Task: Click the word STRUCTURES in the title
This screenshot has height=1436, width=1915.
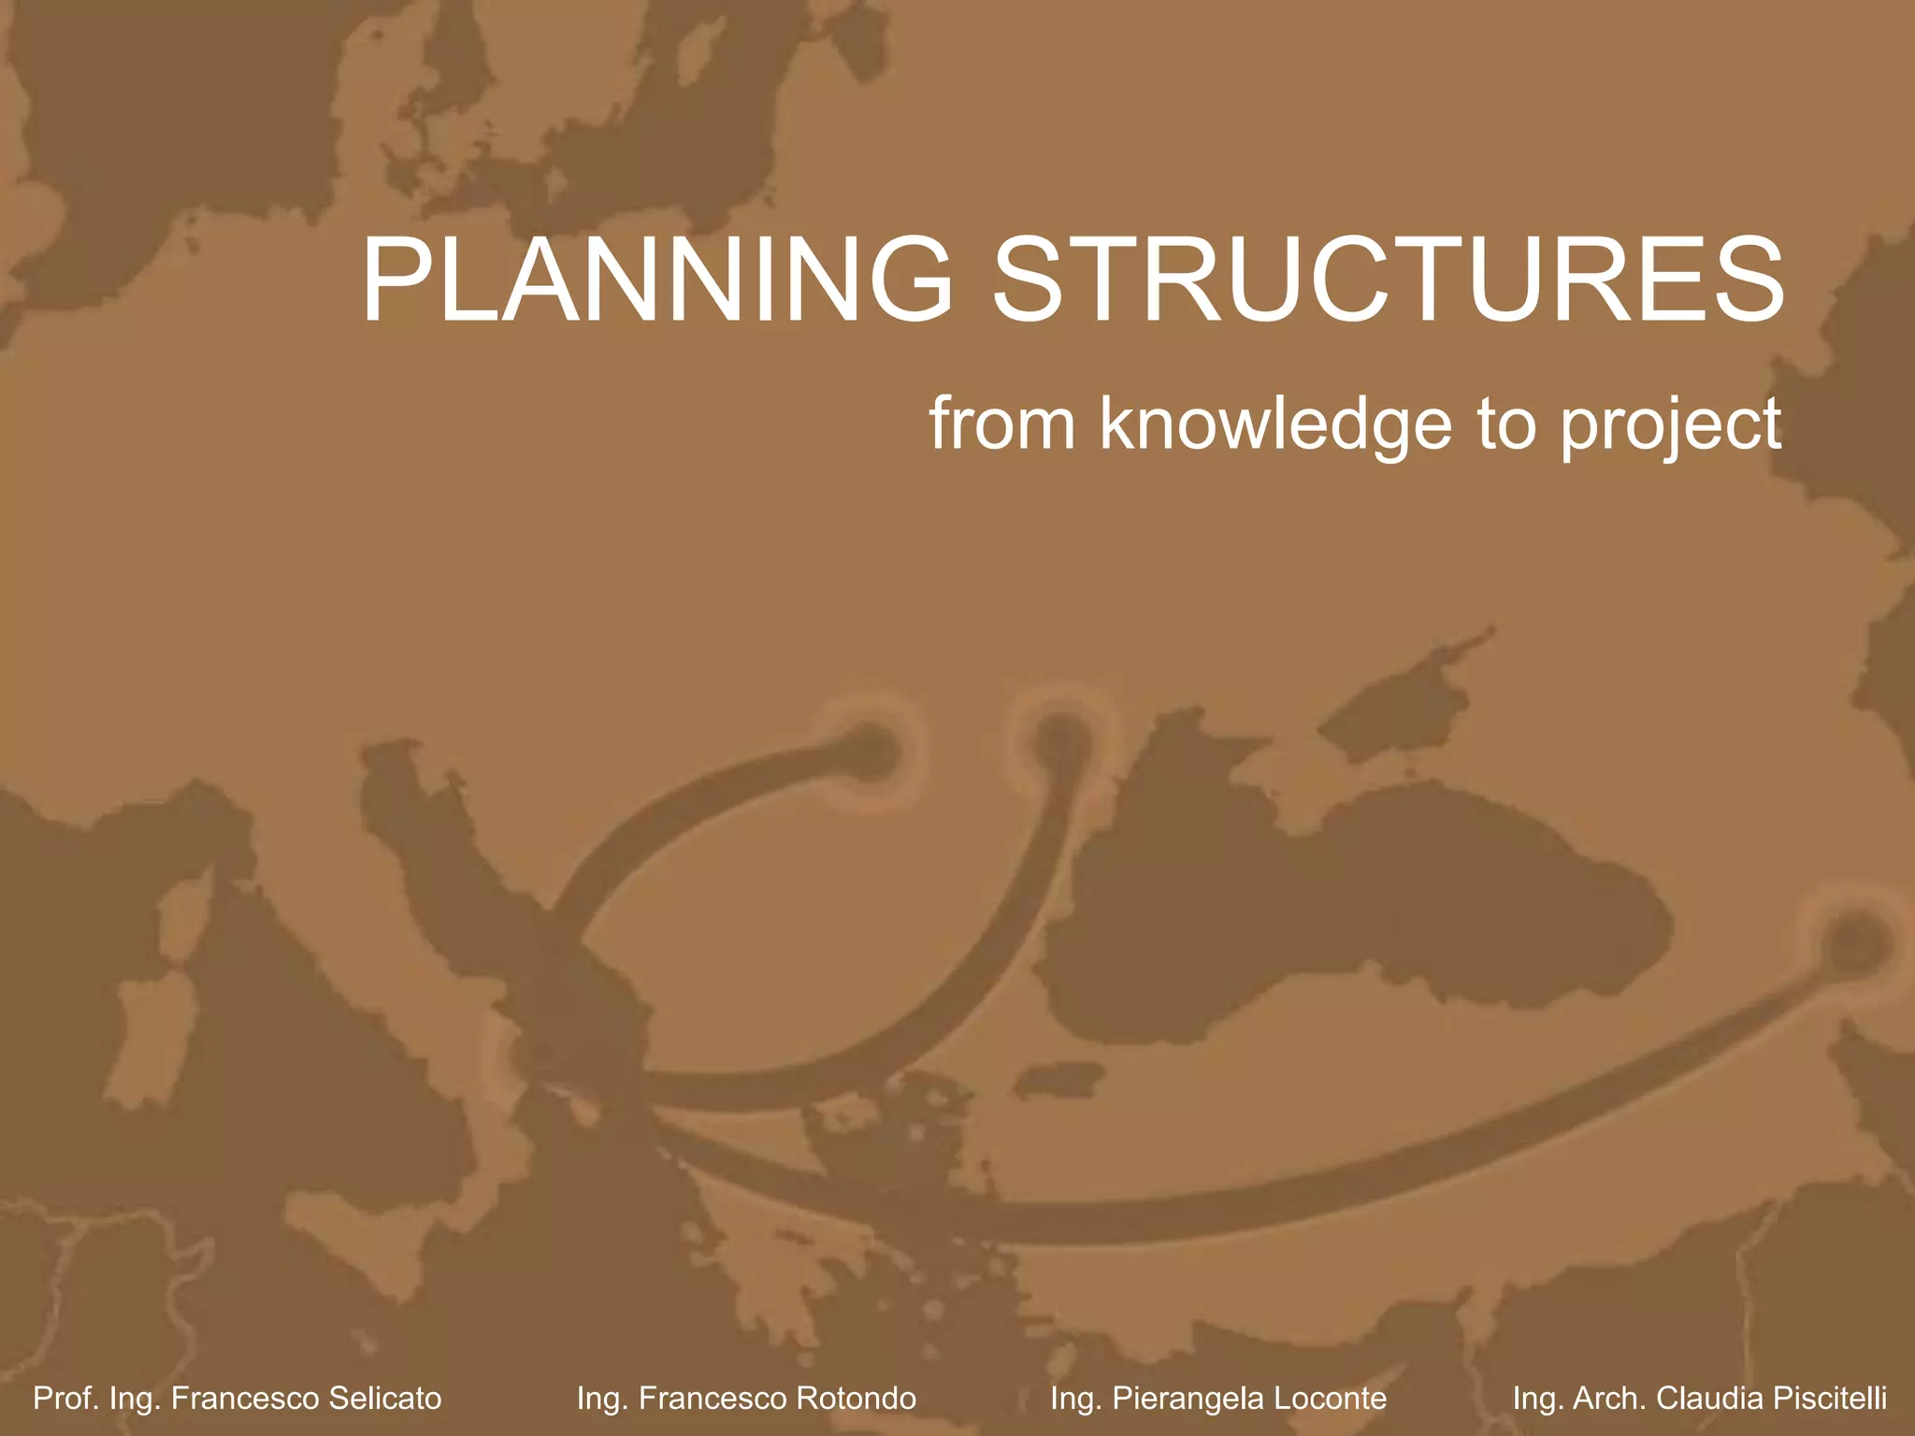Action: click(x=1388, y=280)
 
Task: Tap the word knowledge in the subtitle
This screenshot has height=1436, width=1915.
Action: click(x=1275, y=425)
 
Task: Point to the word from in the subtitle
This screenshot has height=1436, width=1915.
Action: click(x=1002, y=425)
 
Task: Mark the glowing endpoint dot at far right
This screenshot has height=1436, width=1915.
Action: click(x=1853, y=941)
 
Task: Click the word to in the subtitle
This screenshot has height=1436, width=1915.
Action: click(x=1505, y=425)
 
